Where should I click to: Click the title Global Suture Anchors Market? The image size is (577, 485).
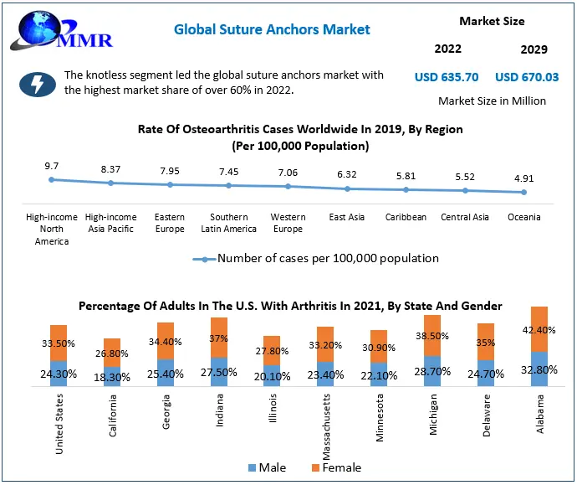(272, 29)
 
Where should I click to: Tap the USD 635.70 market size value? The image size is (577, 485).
(447, 77)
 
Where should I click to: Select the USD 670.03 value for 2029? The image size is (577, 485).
(527, 77)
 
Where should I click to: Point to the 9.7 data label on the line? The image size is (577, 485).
(52, 167)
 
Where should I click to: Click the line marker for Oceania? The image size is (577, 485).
(524, 192)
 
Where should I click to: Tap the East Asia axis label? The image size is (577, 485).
(346, 217)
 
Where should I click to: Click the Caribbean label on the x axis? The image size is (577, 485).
(406, 217)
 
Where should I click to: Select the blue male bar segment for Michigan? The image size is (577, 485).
(432, 371)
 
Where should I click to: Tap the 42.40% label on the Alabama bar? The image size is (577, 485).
(539, 329)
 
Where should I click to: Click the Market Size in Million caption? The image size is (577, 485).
(492, 101)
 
